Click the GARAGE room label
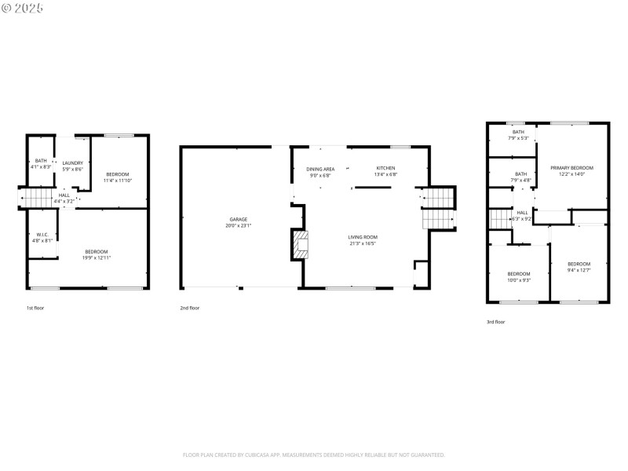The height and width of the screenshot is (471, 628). pos(239,219)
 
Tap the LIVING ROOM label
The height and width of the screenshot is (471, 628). pos(363,236)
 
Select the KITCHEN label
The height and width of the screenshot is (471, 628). pos(385,169)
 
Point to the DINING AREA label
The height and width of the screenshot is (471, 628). pos(320,169)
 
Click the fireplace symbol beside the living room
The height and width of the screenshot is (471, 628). pos(300,245)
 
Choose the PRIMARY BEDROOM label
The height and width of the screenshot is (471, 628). pos(571,168)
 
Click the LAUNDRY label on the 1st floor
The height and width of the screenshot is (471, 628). pos(73,162)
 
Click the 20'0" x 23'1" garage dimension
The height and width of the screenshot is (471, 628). pos(239,225)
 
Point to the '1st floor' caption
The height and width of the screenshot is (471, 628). pos(35,308)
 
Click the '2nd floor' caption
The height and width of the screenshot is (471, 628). pos(189,308)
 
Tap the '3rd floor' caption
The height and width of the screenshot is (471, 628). pos(495,322)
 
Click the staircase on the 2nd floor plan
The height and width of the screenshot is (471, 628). pos(439,209)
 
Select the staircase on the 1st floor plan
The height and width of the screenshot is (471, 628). pos(37,199)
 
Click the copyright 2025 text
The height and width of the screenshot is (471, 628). pos(23,8)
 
